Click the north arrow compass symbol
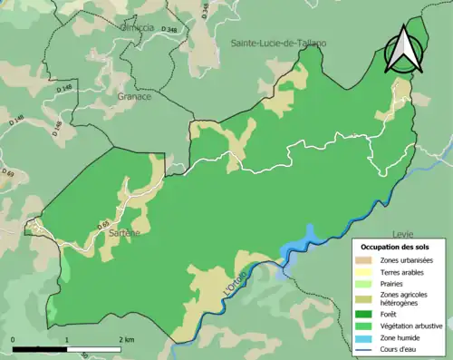pyautogui.click(x=403, y=50)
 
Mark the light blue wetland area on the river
pyautogui.click(x=299, y=244)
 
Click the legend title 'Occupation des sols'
pyautogui.click(x=397, y=247)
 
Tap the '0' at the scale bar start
pyautogui.click(x=14, y=339)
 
